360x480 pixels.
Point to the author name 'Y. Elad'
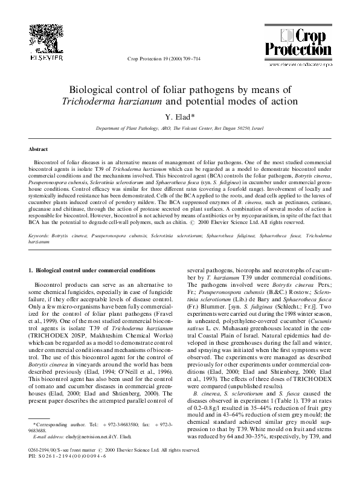(179, 117)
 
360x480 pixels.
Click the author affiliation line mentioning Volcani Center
(179, 129)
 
